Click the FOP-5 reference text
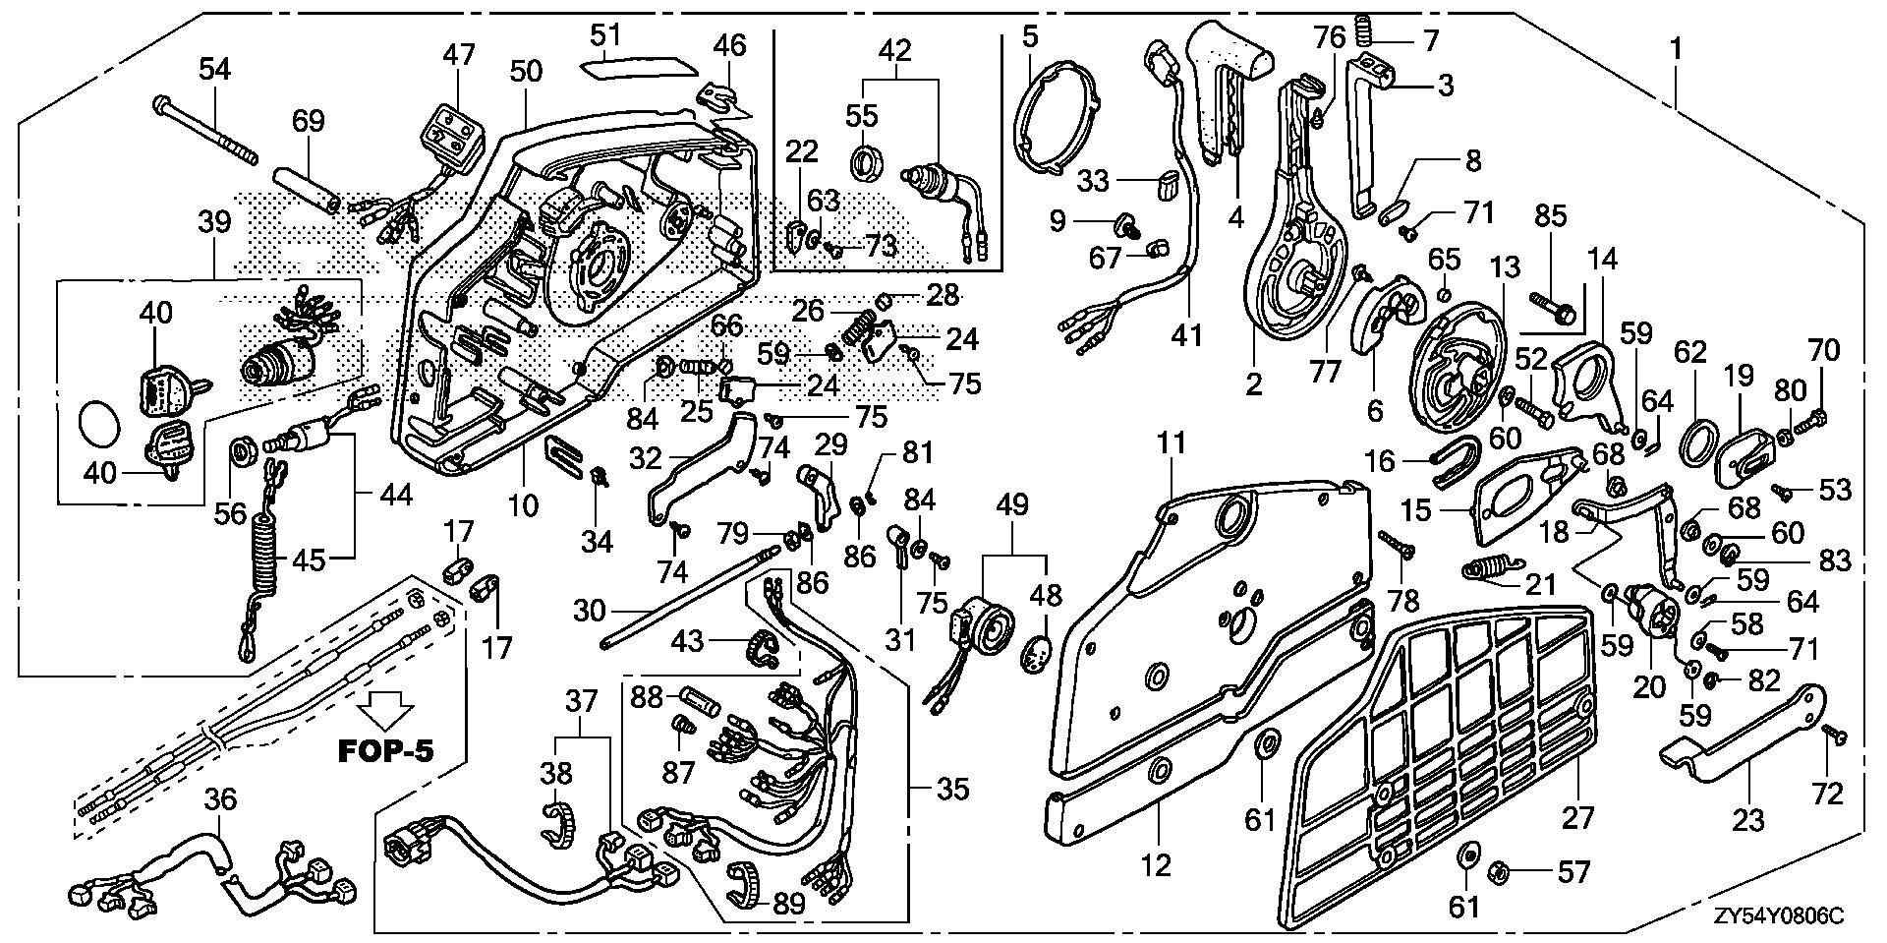[385, 750]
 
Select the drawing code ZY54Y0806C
[1780, 916]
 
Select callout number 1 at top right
[1675, 46]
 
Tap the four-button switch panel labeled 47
[450, 129]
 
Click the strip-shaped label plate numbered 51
[635, 72]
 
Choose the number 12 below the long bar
[1156, 865]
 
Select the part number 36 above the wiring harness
[220, 799]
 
